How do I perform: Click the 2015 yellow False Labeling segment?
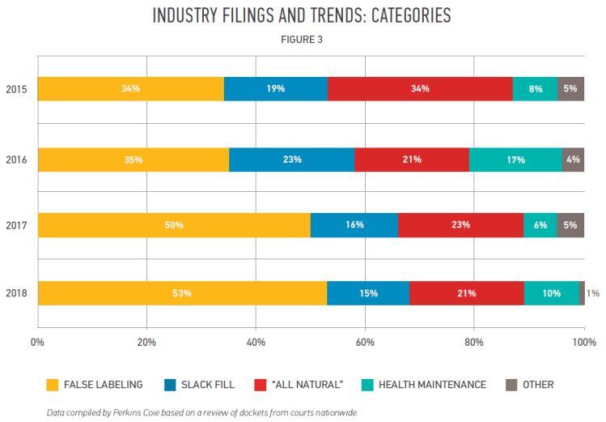click(130, 88)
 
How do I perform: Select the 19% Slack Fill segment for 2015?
click(276, 88)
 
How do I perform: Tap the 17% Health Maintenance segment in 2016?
click(515, 160)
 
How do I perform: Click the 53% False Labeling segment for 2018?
click(182, 293)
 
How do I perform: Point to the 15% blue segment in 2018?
click(368, 293)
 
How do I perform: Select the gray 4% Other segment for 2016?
click(573, 160)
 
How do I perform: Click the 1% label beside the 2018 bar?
click(593, 293)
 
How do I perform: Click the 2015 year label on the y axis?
click(17, 88)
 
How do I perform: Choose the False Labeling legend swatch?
click(53, 385)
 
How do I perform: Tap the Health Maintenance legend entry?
click(431, 385)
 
